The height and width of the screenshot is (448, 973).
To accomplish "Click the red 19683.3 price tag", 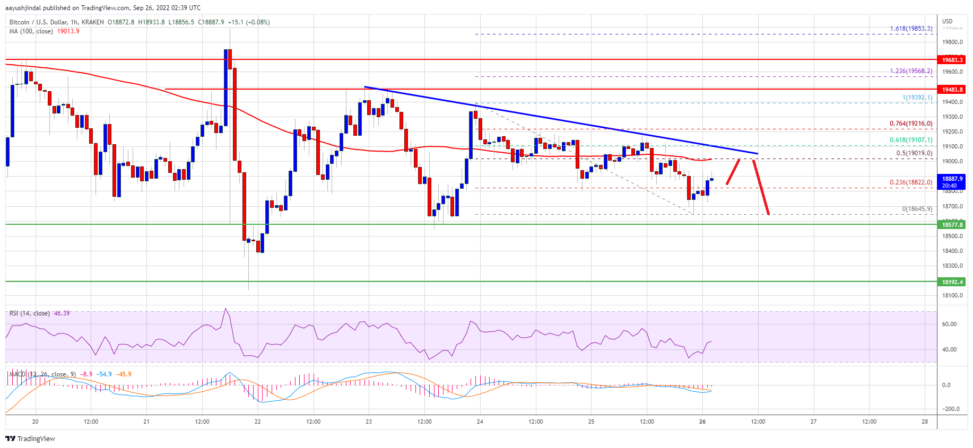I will pos(952,60).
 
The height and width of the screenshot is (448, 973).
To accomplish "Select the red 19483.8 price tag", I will pos(952,90).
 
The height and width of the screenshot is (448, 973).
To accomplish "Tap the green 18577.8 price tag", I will pos(952,225).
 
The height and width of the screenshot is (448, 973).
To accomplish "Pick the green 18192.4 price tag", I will pos(952,282).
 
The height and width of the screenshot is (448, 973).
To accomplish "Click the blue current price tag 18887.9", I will pos(952,182).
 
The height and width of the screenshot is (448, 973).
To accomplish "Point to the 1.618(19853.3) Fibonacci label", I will pos(911,29).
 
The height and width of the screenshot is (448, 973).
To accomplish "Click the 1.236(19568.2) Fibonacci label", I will pos(911,71).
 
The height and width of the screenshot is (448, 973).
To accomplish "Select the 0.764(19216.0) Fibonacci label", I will pos(911,124).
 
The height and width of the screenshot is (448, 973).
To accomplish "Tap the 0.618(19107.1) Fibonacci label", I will pos(911,140).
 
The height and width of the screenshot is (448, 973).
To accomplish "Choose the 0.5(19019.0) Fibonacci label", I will pos(914,153).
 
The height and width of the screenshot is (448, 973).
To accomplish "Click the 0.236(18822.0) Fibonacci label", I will pos(911,182).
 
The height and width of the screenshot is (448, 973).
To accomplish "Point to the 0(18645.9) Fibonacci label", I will pos(917,209).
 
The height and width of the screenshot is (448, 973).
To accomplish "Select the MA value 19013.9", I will pos(68,31).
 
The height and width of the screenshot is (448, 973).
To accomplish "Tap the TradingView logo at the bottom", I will pos(30,438).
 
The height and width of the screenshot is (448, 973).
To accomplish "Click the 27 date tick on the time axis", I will pos(813,421).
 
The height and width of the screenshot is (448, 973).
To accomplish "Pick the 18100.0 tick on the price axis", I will pos(952,295).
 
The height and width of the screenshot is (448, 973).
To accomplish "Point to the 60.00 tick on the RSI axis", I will pos(949,324).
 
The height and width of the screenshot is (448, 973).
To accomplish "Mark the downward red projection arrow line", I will pos(761,187).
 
